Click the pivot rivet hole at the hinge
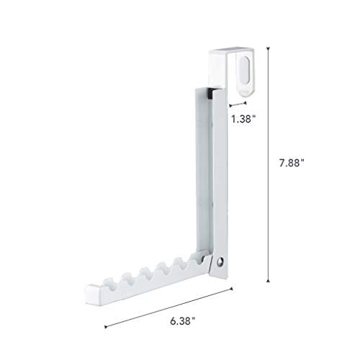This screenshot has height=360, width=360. (x=222, y=261)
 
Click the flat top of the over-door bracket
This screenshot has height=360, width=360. (x=230, y=51)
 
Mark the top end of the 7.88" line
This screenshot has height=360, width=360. (x=269, y=48)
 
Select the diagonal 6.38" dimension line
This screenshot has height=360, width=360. (x=169, y=307)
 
